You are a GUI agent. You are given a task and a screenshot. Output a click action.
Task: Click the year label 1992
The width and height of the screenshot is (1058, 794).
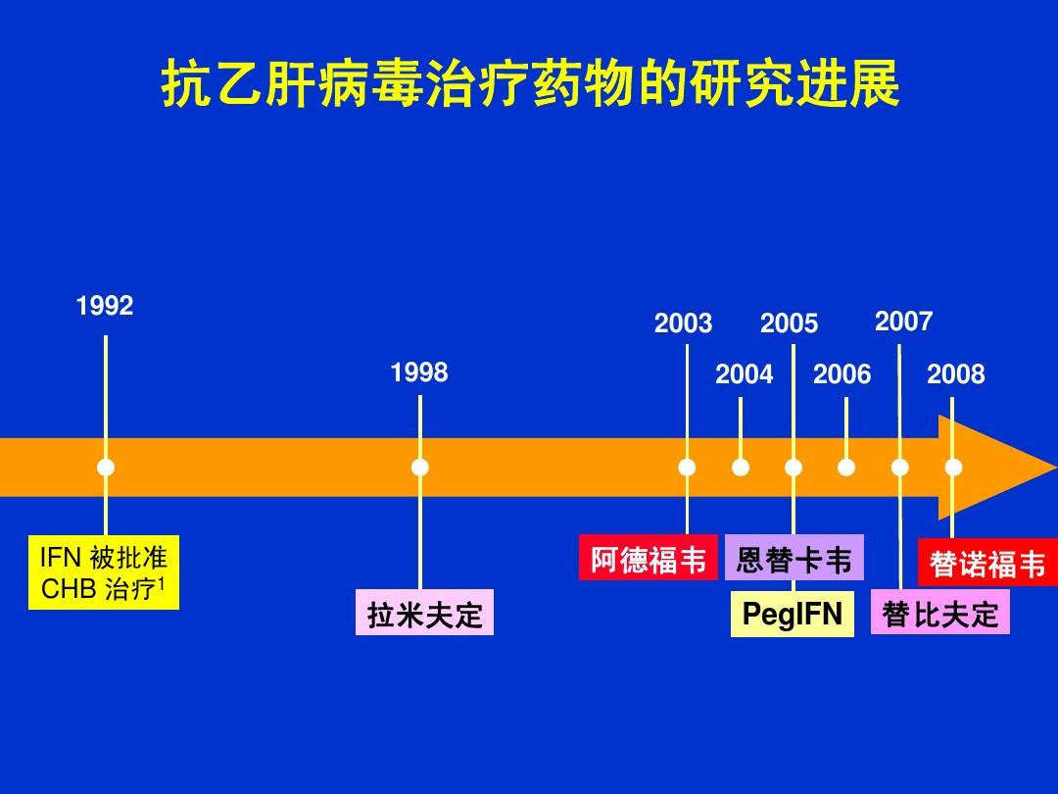pos(105,307)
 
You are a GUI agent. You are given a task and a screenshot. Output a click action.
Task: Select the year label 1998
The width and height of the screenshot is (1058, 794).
pos(419,372)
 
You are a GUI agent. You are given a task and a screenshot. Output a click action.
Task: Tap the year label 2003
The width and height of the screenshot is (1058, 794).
pos(684,324)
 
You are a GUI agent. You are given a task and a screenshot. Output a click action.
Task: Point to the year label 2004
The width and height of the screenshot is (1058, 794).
pos(745,374)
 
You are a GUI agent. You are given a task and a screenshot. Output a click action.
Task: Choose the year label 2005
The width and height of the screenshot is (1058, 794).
pos(789,324)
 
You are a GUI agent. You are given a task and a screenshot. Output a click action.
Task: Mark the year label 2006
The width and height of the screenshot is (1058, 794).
pos(842,374)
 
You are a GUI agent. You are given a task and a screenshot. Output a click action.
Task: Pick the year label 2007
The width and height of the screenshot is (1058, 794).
pos(903,322)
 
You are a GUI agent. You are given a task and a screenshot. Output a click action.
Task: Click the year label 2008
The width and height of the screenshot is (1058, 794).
pos(956,374)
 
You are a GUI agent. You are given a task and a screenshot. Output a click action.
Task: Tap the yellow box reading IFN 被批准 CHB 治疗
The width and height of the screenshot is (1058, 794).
pos(104,573)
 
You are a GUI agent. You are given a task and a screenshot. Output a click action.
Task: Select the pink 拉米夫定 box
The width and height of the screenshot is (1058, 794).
pos(424,615)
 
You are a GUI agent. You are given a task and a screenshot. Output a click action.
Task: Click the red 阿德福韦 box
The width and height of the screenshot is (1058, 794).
pos(649,560)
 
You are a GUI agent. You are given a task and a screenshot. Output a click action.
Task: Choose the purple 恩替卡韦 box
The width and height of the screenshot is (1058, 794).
pos(794,560)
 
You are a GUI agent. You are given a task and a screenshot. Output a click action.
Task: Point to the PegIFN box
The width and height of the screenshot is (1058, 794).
pos(793,615)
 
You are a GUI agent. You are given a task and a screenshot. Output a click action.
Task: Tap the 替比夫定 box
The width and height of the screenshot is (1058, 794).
pos(940,615)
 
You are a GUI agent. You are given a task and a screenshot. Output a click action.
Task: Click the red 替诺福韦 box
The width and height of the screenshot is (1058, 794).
pos(987,565)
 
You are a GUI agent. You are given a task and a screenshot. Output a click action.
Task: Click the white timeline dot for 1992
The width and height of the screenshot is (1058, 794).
pos(106,468)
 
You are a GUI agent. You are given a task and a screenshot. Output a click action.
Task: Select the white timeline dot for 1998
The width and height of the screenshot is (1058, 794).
pos(420,468)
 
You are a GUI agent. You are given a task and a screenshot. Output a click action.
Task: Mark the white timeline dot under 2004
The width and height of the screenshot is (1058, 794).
pos(741,468)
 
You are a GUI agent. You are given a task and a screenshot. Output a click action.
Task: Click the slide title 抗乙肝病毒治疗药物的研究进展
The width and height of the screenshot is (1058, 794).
pos(530,86)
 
